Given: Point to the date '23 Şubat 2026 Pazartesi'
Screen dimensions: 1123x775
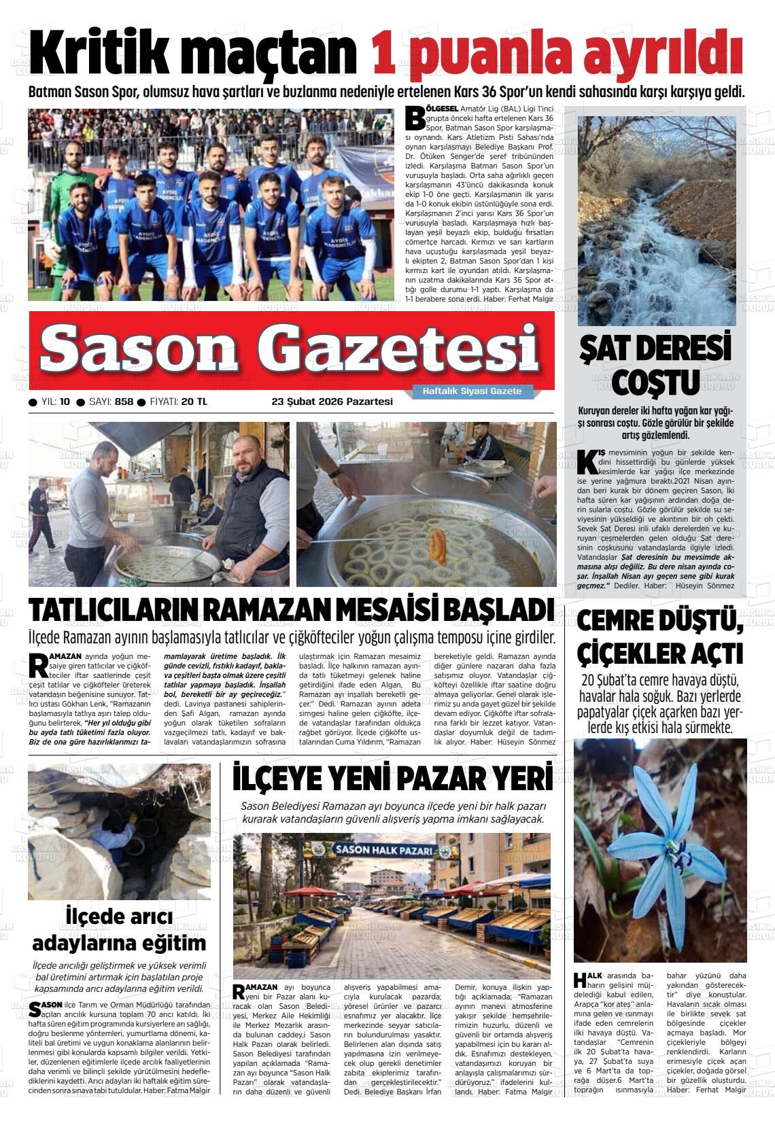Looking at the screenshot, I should pos(332,402).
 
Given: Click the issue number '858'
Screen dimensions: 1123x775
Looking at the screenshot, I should pos(124,402).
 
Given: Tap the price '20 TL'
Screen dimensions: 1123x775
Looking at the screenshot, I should pos(194,402).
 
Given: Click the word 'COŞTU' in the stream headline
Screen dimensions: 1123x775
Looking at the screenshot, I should pos(655,382).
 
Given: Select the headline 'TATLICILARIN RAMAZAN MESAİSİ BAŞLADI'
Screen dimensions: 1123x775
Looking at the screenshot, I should pos(291,610).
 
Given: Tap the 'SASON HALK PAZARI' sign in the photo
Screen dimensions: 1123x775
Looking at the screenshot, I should pos(383,850).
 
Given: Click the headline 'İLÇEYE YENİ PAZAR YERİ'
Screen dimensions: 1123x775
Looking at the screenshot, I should pos(393,779).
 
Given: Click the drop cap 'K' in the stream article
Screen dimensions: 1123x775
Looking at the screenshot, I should pos(587,461).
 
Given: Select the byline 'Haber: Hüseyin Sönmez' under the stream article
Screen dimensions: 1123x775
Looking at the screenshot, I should pos(690,585).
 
